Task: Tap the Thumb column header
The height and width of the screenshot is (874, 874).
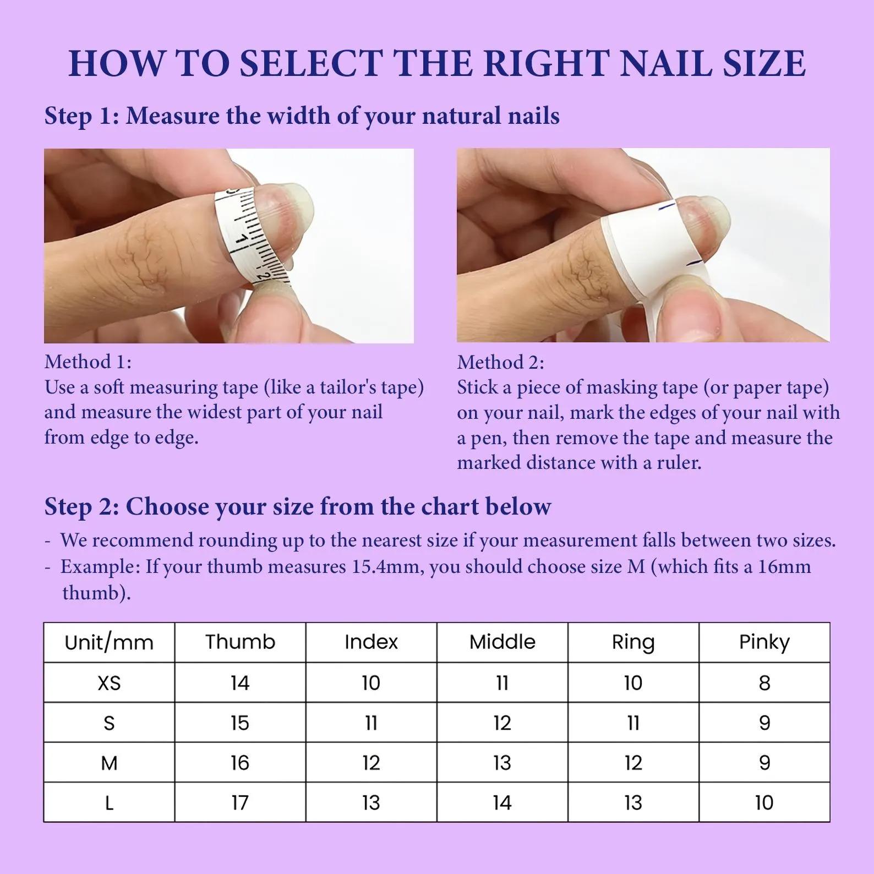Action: pos(240,642)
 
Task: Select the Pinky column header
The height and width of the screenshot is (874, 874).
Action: pos(764,642)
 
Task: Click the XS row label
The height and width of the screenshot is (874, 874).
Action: pos(109,683)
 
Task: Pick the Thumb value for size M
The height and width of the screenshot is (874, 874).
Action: pos(240,763)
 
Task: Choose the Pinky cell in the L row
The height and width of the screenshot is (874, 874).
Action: pos(764,803)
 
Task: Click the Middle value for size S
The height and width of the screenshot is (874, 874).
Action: pos(502,723)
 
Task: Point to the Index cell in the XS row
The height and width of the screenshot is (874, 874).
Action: pos(371,683)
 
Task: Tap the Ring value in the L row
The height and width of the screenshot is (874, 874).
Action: pos(633,803)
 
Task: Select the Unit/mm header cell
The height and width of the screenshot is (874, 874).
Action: pos(109,642)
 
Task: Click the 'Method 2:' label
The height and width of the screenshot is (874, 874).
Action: pos(500,362)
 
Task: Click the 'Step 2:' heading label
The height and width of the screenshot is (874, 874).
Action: pos(81,507)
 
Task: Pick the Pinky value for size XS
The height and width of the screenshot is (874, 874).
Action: pos(764,683)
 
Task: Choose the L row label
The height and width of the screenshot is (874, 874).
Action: pos(109,803)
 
